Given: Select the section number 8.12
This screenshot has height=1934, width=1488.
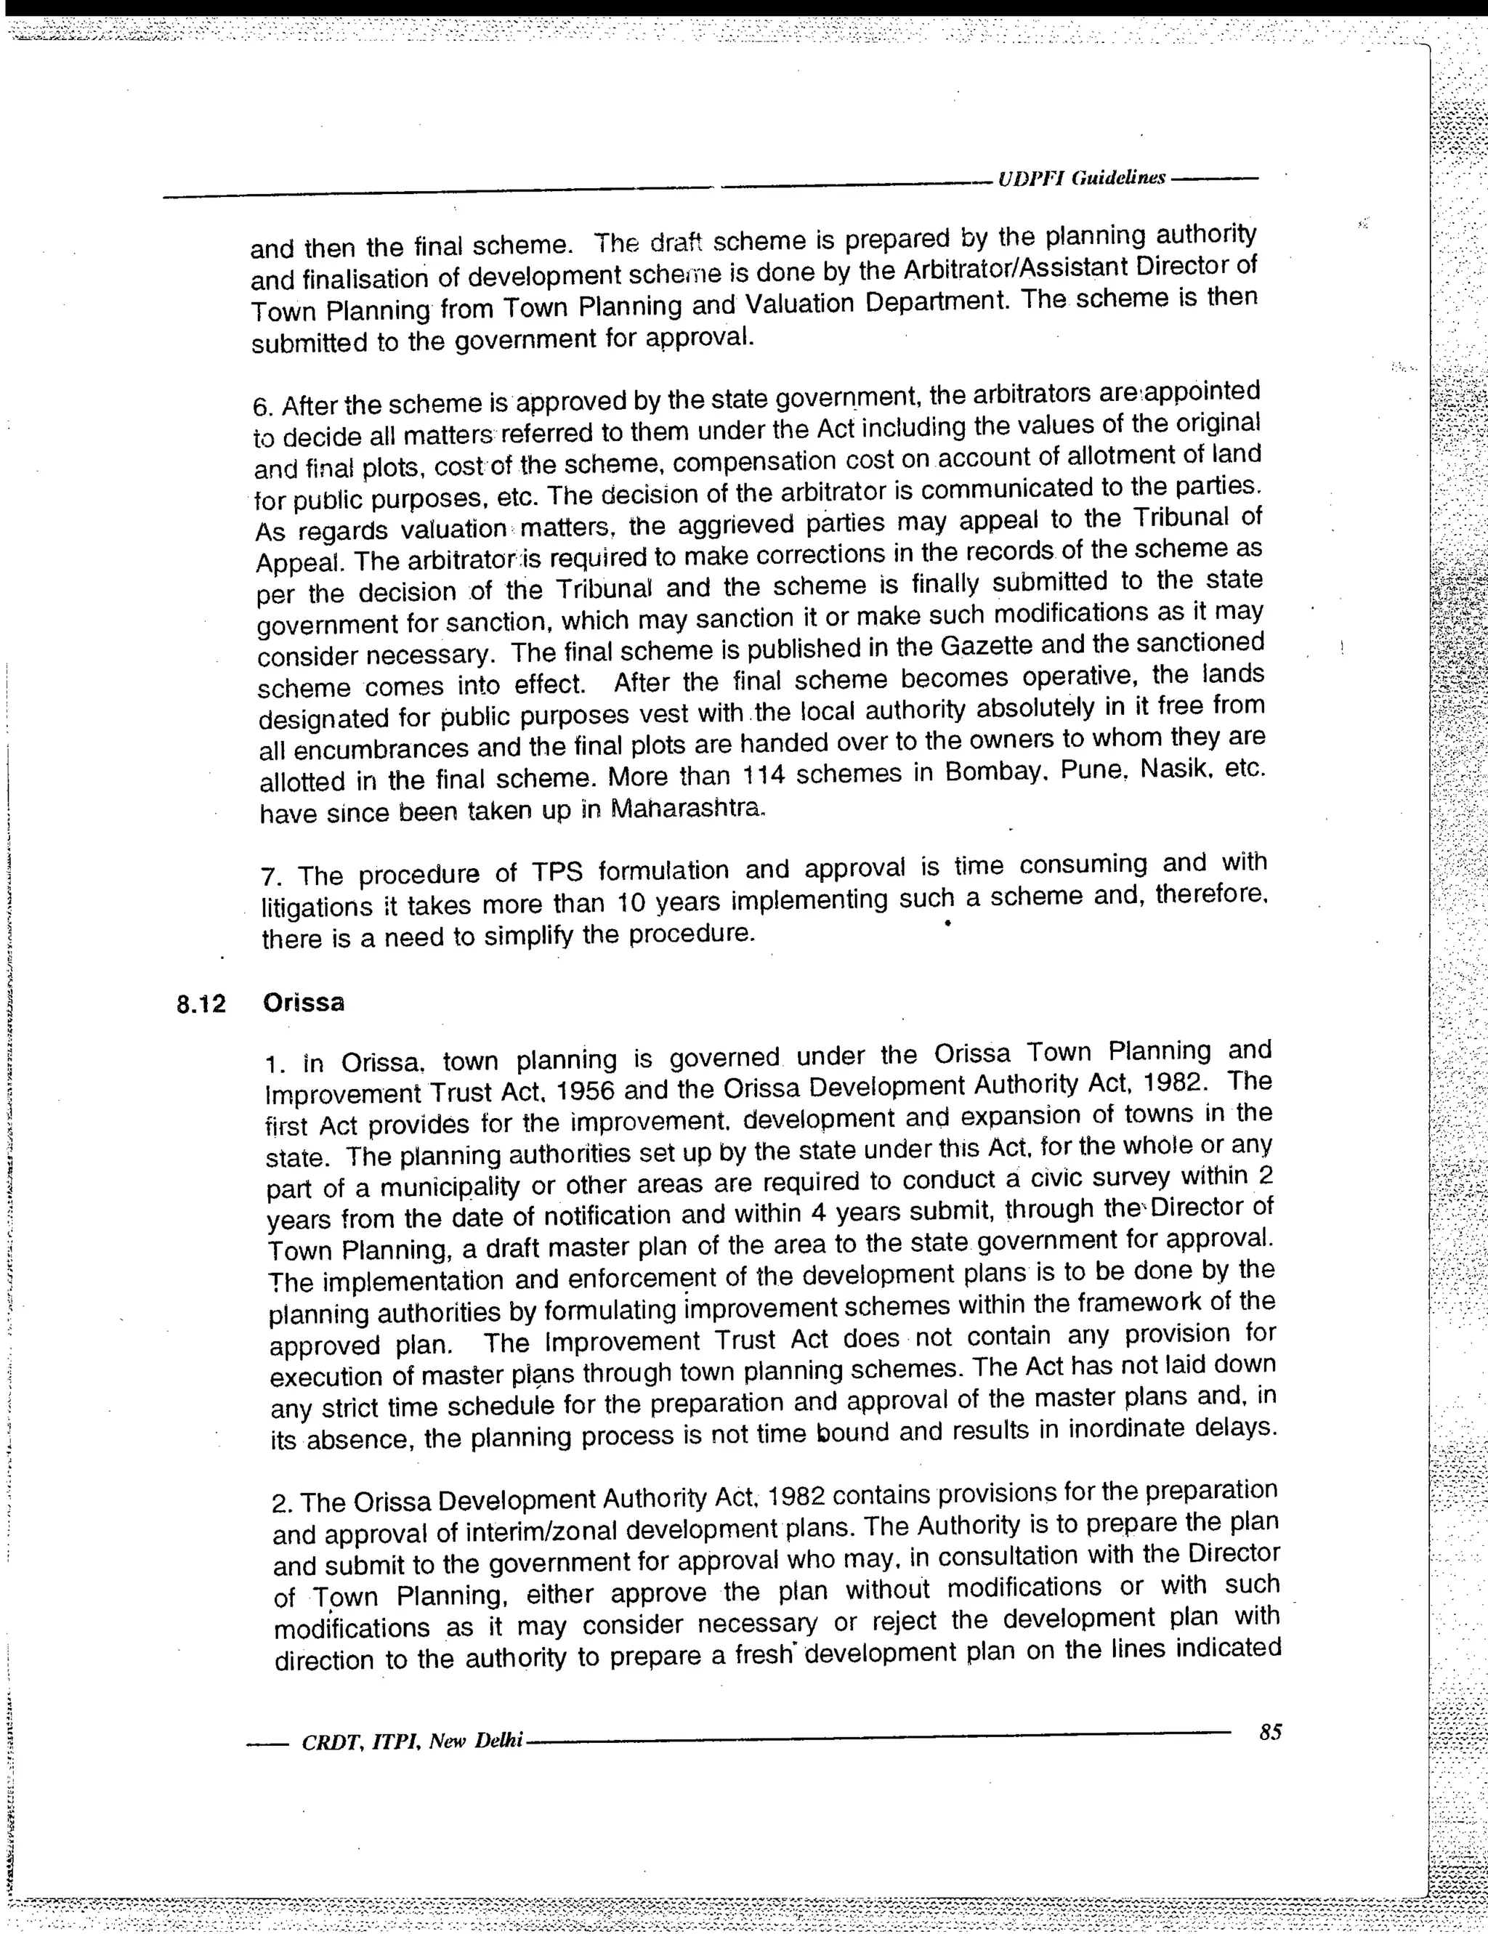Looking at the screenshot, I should pyautogui.click(x=201, y=1003).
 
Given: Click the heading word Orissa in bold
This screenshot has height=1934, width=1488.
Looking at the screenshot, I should pyautogui.click(x=304, y=1003).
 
